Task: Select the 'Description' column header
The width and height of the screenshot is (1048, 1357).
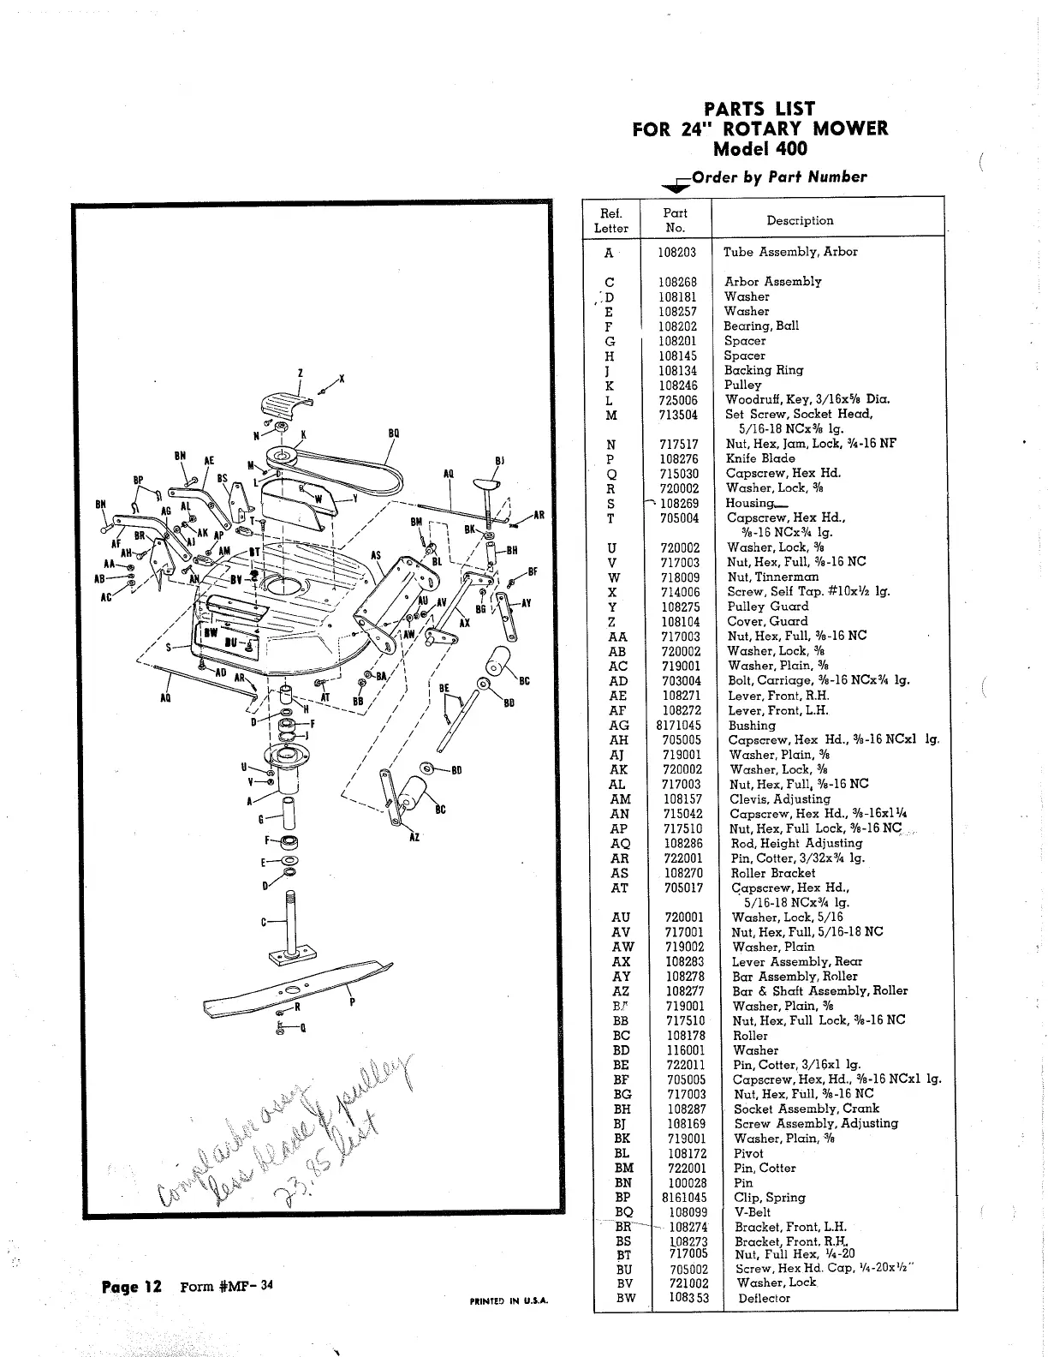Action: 800,220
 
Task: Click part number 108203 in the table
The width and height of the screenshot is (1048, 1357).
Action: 677,252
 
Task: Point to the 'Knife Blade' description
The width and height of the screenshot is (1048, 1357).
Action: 760,458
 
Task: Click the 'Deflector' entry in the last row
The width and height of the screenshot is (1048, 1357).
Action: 764,1298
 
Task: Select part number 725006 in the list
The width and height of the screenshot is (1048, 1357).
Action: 678,400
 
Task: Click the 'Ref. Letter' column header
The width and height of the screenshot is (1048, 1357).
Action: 610,220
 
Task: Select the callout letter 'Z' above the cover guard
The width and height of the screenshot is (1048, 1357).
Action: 300,374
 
